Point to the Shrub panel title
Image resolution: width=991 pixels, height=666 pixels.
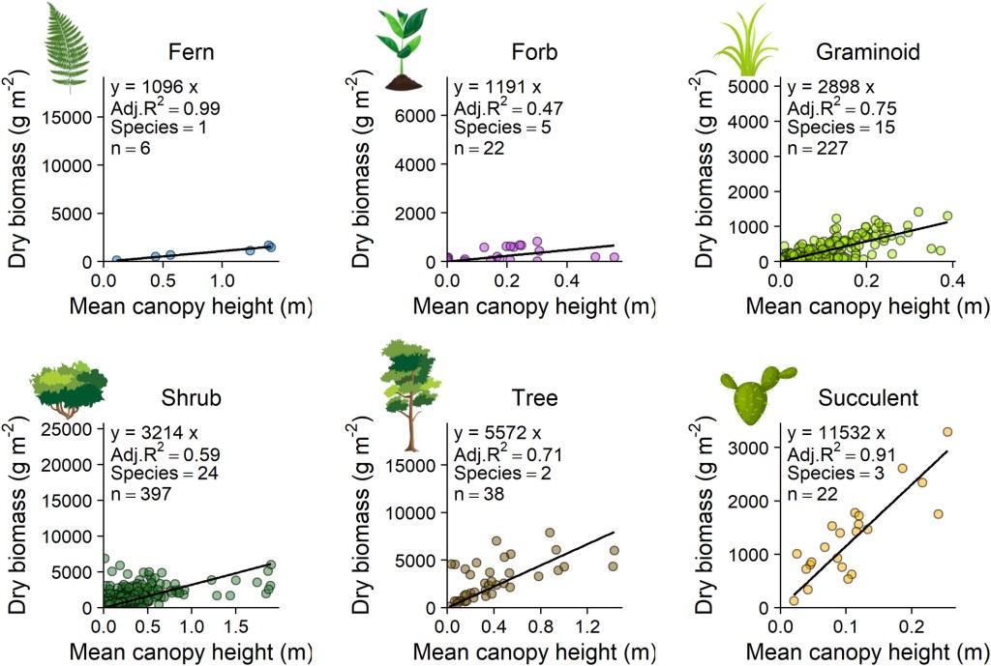(x=192, y=398)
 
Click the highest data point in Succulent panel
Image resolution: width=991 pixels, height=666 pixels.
(x=947, y=432)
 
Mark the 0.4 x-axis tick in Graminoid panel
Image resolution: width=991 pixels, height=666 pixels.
(x=953, y=280)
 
